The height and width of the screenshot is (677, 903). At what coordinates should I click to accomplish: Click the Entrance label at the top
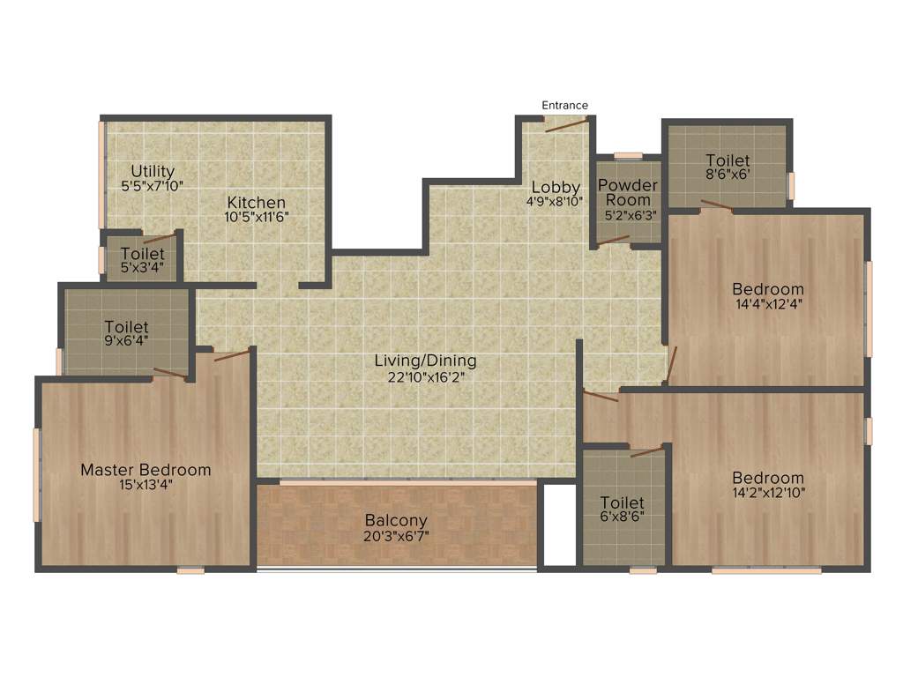pos(564,106)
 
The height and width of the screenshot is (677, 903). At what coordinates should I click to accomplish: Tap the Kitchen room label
pos(256,202)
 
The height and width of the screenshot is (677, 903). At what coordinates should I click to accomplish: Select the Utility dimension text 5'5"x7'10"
pos(153,186)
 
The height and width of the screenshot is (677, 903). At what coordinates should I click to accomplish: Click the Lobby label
pos(555,187)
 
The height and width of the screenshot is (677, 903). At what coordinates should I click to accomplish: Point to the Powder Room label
pos(628,192)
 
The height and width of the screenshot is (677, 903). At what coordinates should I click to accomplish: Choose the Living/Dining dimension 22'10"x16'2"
pos(425,376)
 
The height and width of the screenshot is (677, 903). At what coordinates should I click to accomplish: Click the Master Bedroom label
pos(146,470)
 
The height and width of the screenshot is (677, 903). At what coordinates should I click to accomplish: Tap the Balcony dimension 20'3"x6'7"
pos(396,536)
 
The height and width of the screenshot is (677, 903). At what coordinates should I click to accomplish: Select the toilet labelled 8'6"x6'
pos(728,167)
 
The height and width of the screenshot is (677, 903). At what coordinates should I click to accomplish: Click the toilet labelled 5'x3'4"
pos(141,260)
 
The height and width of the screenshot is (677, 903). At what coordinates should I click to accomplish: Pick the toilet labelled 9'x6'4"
pos(126,333)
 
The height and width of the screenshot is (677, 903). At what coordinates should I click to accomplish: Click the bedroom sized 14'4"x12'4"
pos(767,296)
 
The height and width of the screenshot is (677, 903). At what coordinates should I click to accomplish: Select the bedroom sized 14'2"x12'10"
pos(767,485)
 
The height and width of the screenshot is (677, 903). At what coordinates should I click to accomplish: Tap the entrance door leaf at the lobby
pos(565,125)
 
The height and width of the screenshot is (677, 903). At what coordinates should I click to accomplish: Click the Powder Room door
pos(614,240)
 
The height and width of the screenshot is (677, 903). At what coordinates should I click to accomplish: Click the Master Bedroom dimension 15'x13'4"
pos(146,486)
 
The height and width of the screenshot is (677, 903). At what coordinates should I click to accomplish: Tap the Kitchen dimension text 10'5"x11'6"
pos(256,217)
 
